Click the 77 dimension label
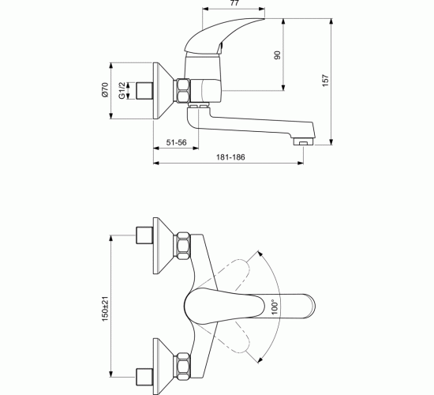coord(234,3)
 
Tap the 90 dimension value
coord(277,55)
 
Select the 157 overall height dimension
coord(325,81)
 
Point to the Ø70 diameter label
coord(105,90)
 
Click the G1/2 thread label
coord(122,90)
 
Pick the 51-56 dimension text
coord(176,142)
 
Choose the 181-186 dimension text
coord(230,157)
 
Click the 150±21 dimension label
coord(106,309)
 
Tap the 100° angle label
coord(275,307)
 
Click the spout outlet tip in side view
coord(304,141)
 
